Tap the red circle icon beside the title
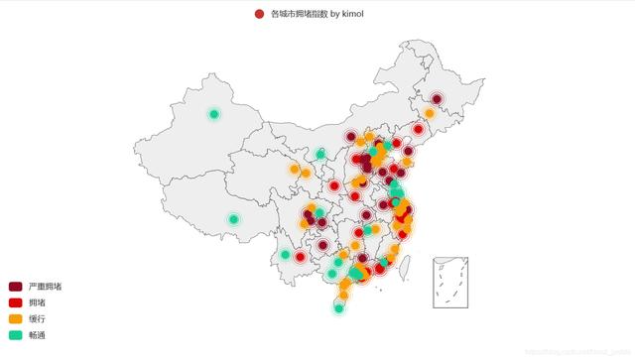pos(259,14)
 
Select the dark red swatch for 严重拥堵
pos(14,286)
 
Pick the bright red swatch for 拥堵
pos(14,302)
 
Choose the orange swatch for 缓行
pos(14,319)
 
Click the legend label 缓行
pos(37,319)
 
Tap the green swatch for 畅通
pos(14,336)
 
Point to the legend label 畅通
pos(37,336)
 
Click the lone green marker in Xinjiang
pos(213,114)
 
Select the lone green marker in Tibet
pos(233,219)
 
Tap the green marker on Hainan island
pos(339,308)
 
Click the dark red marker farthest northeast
pos(438,98)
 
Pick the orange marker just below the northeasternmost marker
pos(429,113)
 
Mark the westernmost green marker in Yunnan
pos(286,255)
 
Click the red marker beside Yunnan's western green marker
pos(300,258)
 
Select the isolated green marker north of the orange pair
pos(320,154)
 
